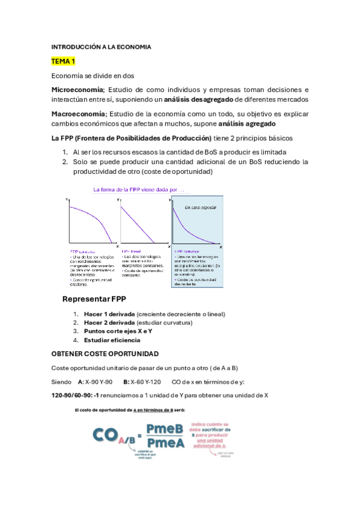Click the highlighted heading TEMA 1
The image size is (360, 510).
(x=63, y=61)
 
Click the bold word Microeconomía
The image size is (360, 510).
(x=78, y=89)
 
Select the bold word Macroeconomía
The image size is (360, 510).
(x=78, y=114)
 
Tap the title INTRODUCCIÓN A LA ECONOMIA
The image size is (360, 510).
(x=101, y=47)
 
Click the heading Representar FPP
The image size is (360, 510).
(x=94, y=300)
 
